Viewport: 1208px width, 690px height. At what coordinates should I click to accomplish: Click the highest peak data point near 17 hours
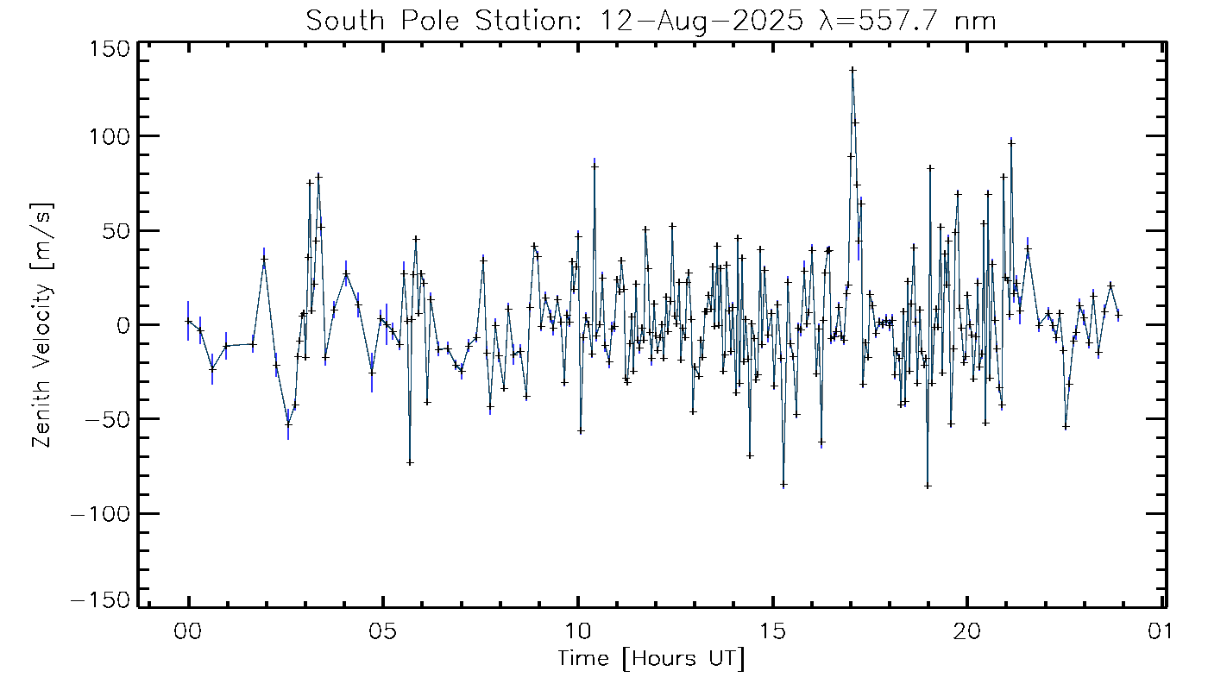[853, 69]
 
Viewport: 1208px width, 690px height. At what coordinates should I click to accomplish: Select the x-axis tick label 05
[383, 631]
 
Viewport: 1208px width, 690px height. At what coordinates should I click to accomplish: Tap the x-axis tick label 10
[577, 631]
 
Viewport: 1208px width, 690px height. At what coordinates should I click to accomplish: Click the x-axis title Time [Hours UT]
[651, 660]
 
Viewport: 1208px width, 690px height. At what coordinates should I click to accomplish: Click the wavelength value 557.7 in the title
[911, 21]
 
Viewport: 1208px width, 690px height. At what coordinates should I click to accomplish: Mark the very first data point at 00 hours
[188, 321]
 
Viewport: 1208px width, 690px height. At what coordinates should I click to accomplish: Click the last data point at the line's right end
[1118, 315]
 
